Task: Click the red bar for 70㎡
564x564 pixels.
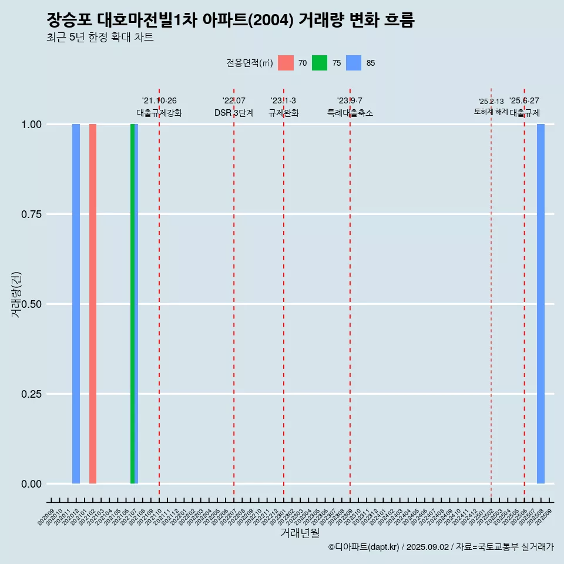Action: click(x=93, y=304)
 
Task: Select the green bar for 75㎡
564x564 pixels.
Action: click(x=132, y=304)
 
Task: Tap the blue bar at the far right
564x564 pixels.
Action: click(x=540, y=304)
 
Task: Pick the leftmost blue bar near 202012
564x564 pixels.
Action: click(x=76, y=304)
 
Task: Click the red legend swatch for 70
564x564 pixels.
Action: click(x=286, y=63)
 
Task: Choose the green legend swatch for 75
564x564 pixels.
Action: click(x=320, y=63)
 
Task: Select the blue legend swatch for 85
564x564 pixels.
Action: click(x=354, y=63)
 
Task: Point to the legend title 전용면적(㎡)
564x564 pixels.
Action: click(x=250, y=63)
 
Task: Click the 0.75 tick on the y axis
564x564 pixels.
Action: click(x=30, y=214)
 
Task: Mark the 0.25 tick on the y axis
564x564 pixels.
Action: click(x=30, y=394)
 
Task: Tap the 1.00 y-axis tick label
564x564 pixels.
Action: click(x=30, y=125)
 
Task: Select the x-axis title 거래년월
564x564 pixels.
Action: click(x=300, y=533)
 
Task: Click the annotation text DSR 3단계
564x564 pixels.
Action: click(x=234, y=113)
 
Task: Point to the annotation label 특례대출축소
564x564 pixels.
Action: click(x=350, y=113)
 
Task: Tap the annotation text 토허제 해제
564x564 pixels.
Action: click(x=491, y=112)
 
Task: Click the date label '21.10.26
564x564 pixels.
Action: click(x=159, y=100)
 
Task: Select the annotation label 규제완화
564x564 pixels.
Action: click(x=284, y=113)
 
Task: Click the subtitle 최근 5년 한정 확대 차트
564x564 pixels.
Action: click(x=100, y=38)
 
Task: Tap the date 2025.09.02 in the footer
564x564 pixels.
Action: click(x=428, y=547)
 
